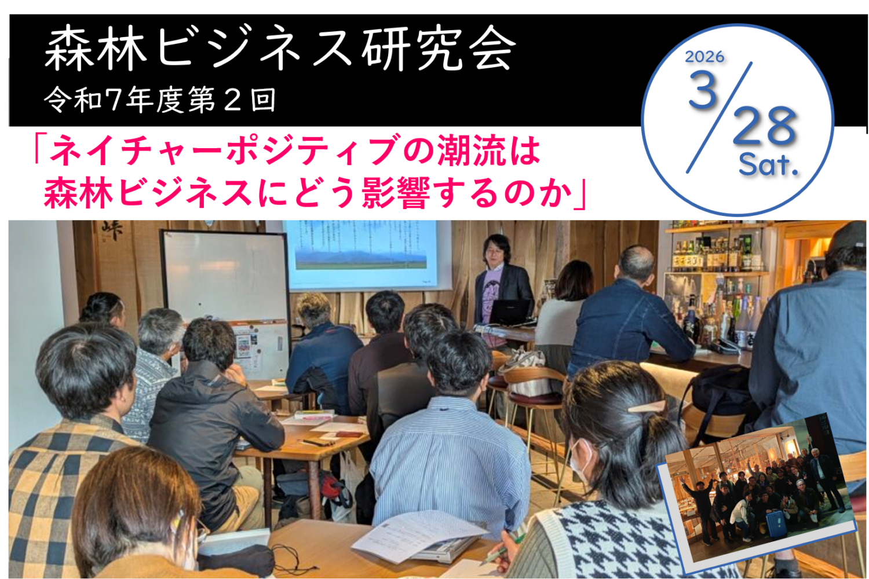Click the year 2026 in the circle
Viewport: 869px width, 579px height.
pyautogui.click(x=704, y=57)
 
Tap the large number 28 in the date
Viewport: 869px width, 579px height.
pyautogui.click(x=765, y=126)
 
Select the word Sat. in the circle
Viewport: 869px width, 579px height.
pyautogui.click(x=768, y=165)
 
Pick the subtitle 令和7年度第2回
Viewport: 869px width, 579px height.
pyautogui.click(x=159, y=100)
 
